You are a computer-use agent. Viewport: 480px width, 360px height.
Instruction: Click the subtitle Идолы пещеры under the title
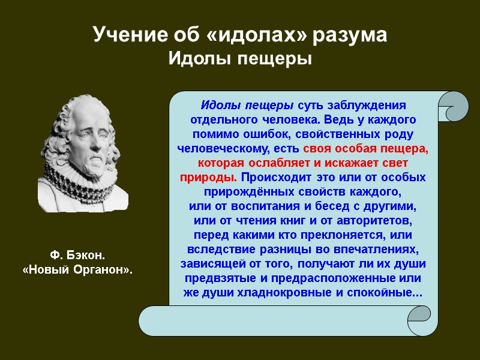[240, 59]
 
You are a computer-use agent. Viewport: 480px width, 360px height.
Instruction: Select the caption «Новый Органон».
[77, 271]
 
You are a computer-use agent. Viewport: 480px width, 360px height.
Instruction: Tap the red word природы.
[208, 178]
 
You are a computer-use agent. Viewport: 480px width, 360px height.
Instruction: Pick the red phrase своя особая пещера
[366, 148]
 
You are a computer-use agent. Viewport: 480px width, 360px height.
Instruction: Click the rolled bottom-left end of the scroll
[153, 321]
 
